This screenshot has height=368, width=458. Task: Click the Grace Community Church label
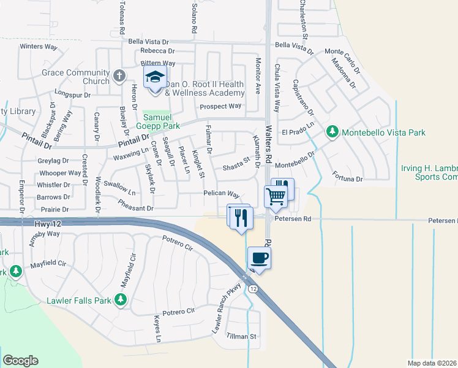point(67,77)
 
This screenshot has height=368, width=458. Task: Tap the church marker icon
point(119,77)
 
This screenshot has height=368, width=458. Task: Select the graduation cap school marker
point(154,79)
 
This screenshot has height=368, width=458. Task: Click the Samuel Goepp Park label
point(162,121)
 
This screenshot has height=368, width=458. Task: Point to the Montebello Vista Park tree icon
point(331,131)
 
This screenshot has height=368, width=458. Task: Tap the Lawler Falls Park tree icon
point(121,299)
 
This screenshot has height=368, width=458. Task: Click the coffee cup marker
point(259,258)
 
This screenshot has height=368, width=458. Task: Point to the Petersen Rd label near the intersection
point(293,218)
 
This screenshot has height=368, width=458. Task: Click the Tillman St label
point(241,337)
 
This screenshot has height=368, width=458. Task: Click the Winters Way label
point(38,46)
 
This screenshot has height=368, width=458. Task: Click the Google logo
point(20,360)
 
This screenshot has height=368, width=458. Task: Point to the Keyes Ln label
point(158,329)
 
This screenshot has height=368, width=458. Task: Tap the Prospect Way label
point(221,106)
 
